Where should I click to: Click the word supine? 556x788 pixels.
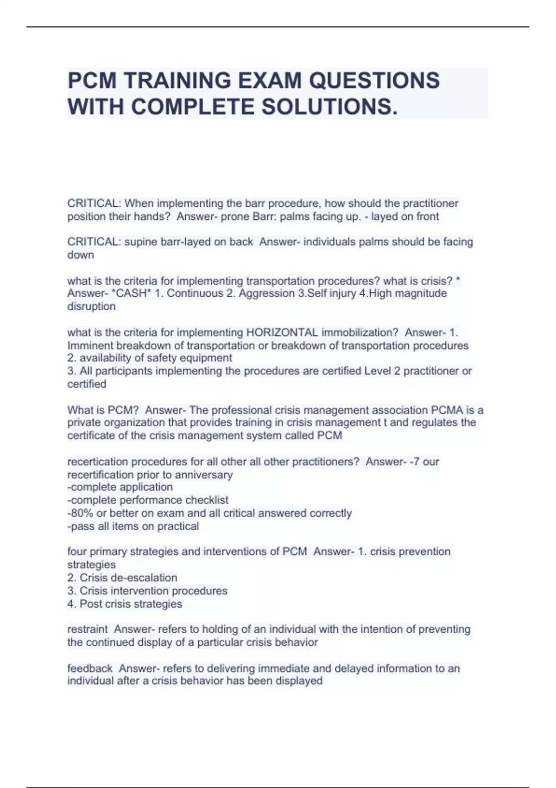(x=140, y=241)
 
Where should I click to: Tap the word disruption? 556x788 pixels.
(x=91, y=306)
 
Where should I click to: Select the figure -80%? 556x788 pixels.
(x=80, y=513)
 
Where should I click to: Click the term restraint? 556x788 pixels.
(x=87, y=629)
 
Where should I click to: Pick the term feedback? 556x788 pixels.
(x=90, y=668)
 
